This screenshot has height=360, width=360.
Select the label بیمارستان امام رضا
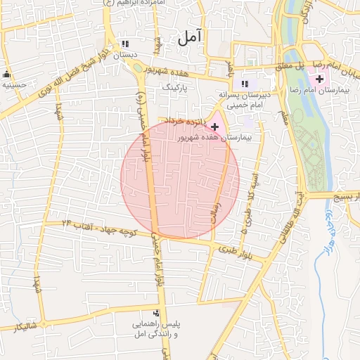pyautogui.click(x=323, y=91)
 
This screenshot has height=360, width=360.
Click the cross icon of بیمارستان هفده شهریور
pyautogui.click(x=214, y=126)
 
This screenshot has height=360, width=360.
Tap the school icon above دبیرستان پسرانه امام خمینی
pyautogui.click(x=245, y=82)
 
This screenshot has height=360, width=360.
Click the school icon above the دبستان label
pyautogui.click(x=126, y=43)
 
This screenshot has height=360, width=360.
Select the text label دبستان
pyautogui.click(x=124, y=54)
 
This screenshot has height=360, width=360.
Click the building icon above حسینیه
pyautogui.click(x=8, y=74)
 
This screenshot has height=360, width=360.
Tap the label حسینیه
pyautogui.click(x=13, y=84)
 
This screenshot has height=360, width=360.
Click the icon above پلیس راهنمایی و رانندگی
pyautogui.click(x=156, y=314)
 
